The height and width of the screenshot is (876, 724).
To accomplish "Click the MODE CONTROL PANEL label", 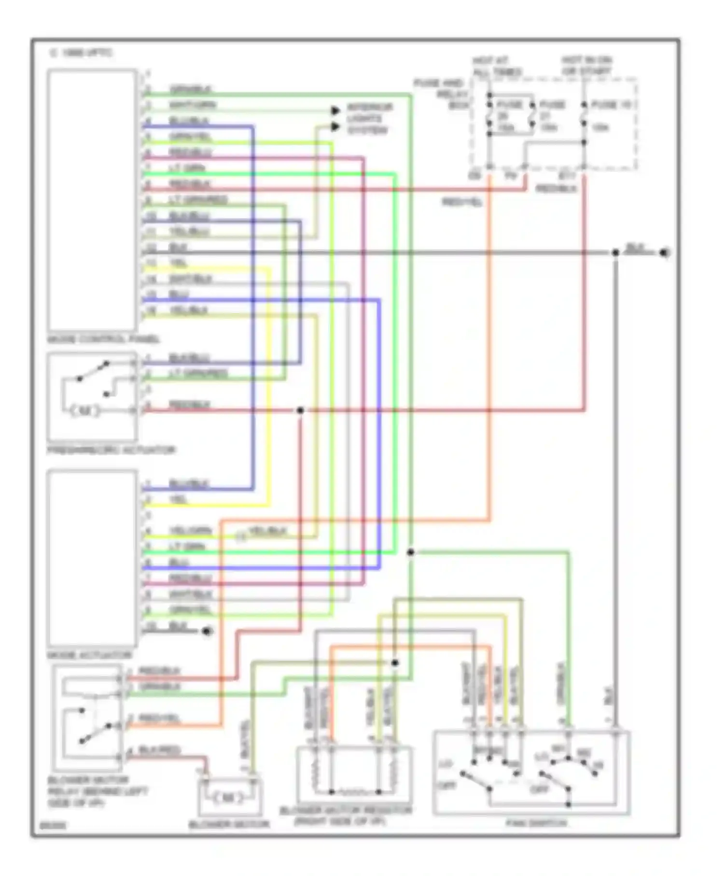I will pyautogui.click(x=103, y=339).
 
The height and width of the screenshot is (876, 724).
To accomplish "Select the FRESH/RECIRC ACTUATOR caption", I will pyautogui.click(x=111, y=450).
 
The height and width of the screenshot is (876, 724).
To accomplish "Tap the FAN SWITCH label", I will pyautogui.click(x=536, y=823).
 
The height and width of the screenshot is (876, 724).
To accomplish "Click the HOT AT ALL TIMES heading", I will pyautogui.click(x=496, y=67).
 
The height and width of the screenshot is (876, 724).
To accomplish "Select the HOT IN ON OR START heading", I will pyautogui.click(x=586, y=66).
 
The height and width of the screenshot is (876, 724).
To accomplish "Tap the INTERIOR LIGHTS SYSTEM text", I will pyautogui.click(x=369, y=119).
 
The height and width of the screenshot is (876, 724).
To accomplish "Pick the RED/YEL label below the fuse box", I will pyautogui.click(x=462, y=203).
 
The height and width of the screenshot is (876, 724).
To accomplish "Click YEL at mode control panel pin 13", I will pyautogui.click(x=178, y=263).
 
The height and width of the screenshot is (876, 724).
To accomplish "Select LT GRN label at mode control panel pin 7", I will pyautogui.click(x=187, y=169).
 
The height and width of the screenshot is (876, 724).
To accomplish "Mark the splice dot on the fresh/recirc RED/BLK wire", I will pyautogui.click(x=300, y=410).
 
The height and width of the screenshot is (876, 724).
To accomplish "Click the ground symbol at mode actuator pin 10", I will pyautogui.click(x=207, y=631).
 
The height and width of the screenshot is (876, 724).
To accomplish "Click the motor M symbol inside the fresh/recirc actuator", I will pyautogui.click(x=85, y=411).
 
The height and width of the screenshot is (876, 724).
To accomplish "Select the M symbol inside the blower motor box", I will pyautogui.click(x=229, y=798).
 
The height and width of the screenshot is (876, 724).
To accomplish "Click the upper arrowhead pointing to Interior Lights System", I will pyautogui.click(x=335, y=111).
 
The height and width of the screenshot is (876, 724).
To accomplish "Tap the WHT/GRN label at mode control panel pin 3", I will pyautogui.click(x=192, y=105).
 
